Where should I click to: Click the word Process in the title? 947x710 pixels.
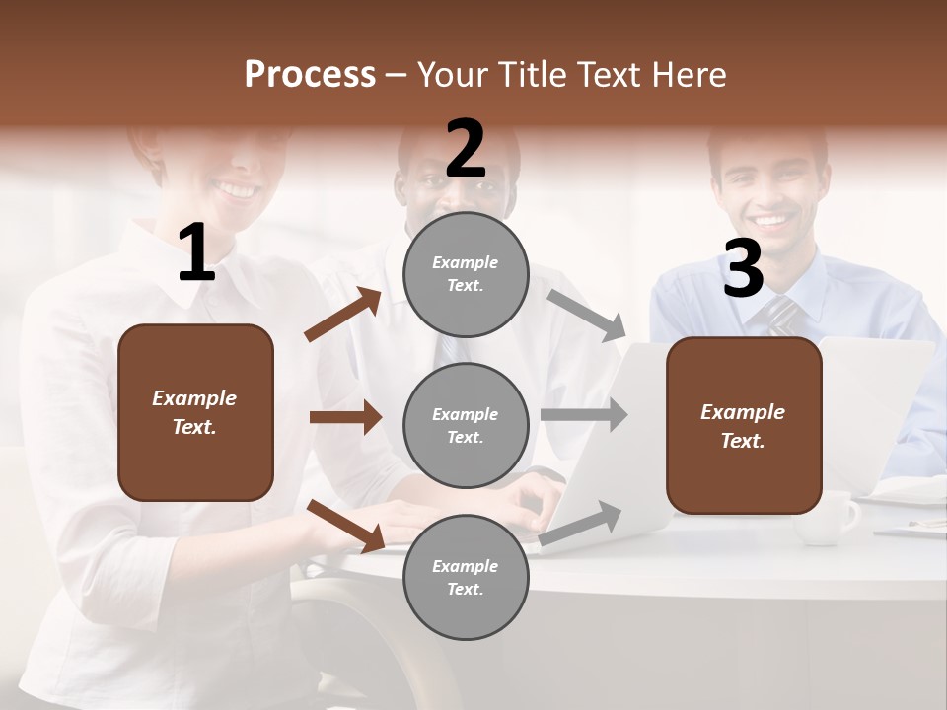[310, 74]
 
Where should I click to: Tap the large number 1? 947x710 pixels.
[196, 253]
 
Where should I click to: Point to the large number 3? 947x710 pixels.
[743, 268]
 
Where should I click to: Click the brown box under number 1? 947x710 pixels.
[195, 412]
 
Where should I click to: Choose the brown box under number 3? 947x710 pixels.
[744, 426]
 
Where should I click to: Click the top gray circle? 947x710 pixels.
[467, 274]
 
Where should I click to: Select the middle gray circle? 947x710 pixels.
[467, 425]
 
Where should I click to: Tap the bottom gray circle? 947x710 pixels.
[467, 577]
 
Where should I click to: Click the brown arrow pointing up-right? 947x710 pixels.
[343, 315]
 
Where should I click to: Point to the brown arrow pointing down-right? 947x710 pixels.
[346, 525]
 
